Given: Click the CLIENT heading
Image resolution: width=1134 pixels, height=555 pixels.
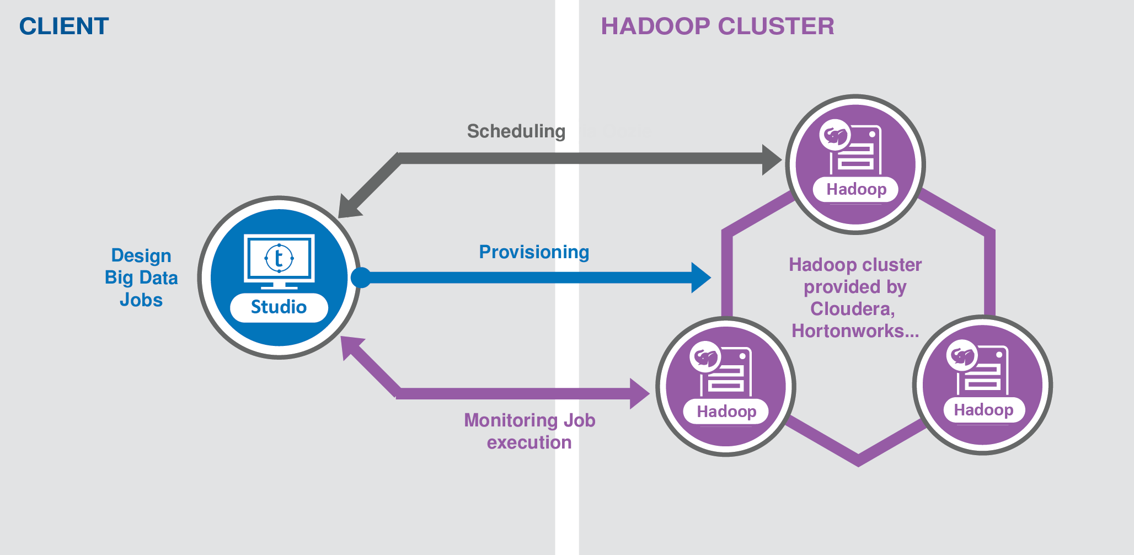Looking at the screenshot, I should click(x=64, y=26).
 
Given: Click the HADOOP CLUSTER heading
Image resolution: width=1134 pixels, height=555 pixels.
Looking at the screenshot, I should click(x=717, y=26).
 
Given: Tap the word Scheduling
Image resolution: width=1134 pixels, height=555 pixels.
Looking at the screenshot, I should click(x=516, y=131).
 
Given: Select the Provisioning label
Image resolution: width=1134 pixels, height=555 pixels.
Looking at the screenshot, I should click(x=534, y=252).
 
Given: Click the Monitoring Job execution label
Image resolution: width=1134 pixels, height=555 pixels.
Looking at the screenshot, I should click(x=529, y=431).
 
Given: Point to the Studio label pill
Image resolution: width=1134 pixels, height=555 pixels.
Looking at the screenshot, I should click(x=279, y=307).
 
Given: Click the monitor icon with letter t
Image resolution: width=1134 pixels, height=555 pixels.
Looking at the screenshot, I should click(x=279, y=260).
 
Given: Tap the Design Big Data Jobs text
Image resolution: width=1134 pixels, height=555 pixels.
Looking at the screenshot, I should click(x=141, y=277).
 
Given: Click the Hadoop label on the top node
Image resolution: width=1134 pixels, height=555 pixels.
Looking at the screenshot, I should click(x=856, y=189).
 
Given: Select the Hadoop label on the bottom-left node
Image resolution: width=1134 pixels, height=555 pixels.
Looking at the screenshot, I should click(x=726, y=412).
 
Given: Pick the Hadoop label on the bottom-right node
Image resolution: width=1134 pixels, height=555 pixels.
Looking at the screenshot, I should click(x=983, y=410).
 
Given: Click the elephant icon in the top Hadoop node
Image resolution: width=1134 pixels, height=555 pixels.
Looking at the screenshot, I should click(x=835, y=135).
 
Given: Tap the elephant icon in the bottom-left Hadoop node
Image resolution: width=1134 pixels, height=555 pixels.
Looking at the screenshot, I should click(x=705, y=357).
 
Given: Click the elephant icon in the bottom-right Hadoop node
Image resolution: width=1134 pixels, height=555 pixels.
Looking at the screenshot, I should click(x=962, y=356).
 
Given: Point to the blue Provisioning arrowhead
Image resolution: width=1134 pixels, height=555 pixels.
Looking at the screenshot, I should click(x=700, y=277).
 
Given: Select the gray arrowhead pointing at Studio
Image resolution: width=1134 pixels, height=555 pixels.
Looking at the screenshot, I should click(x=347, y=209).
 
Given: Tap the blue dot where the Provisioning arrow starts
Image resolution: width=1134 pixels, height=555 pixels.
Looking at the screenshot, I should click(x=361, y=277).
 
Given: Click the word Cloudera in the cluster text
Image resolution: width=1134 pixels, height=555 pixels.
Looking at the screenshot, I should click(x=852, y=309).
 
